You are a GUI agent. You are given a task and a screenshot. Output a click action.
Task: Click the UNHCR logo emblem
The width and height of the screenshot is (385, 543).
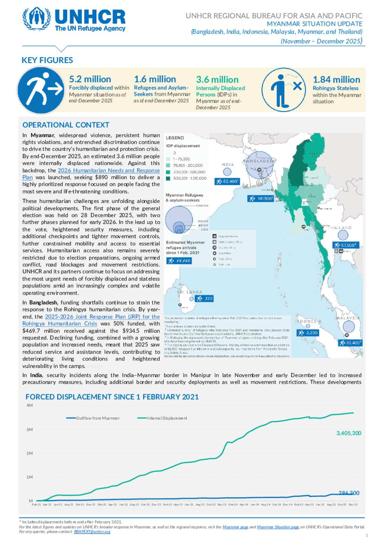pos(36,18)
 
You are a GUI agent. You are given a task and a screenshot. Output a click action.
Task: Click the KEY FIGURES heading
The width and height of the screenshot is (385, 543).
pos(47,60)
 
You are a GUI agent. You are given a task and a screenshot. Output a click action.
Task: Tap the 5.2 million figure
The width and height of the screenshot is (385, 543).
pos(90,79)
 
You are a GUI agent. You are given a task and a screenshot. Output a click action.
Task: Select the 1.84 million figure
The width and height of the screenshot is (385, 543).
pos(336,80)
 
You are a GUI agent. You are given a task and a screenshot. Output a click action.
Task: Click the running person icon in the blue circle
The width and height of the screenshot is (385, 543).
pos(41,91)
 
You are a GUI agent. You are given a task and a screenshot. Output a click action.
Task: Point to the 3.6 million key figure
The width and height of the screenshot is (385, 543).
pos(217,80)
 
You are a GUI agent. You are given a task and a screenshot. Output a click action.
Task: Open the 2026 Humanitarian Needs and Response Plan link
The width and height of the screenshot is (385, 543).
pos(109,171)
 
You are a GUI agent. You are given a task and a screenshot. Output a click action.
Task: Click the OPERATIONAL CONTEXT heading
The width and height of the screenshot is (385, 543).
pos(66,125)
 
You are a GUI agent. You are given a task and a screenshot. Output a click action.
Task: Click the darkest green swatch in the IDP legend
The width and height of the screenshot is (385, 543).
pos(168,178)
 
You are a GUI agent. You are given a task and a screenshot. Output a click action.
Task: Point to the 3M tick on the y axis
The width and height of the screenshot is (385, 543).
pos(30,430)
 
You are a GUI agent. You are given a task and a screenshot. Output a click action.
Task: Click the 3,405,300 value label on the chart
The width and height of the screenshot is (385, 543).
pos(349,433)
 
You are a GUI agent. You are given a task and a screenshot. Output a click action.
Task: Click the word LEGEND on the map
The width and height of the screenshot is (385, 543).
pos(175,138)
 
